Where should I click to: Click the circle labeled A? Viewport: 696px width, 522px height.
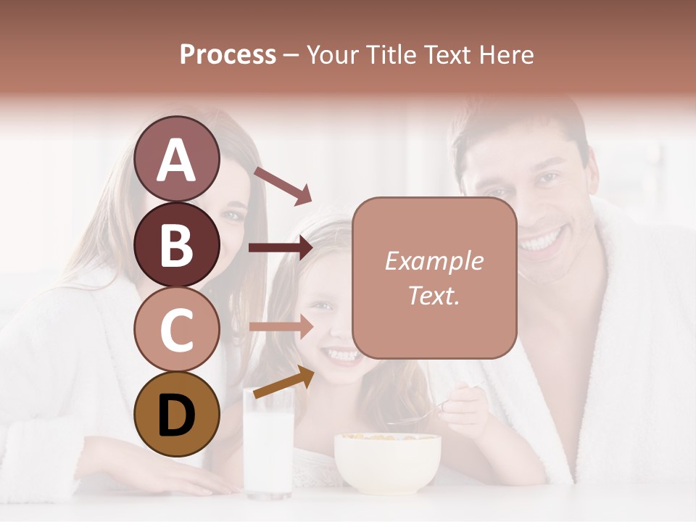click(176, 159)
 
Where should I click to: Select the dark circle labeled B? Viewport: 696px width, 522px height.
click(176, 244)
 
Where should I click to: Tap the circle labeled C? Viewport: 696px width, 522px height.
click(176, 330)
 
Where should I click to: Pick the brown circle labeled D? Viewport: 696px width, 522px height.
click(176, 415)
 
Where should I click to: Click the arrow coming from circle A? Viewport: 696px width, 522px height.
click(282, 185)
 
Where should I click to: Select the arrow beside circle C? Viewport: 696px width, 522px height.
click(281, 326)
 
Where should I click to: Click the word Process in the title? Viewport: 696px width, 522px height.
click(228, 54)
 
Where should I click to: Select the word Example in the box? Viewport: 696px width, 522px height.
click(434, 261)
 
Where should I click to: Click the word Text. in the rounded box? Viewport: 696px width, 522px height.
click(434, 296)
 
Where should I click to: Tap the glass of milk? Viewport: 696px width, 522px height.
click(268, 449)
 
